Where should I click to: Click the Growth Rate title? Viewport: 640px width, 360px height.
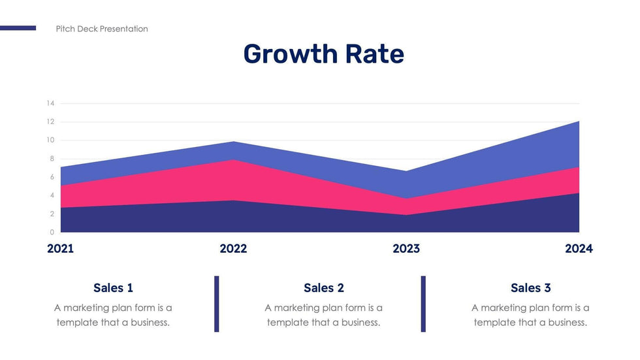point(323,54)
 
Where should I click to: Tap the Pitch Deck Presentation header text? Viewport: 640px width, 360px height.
point(102,29)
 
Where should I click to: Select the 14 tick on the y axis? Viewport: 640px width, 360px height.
point(50,103)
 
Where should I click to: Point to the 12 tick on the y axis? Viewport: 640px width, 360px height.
point(50,122)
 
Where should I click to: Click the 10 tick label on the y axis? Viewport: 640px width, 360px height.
point(50,140)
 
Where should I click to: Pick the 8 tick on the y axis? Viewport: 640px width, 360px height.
point(52,159)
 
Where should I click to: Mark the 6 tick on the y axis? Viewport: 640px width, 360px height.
point(52,177)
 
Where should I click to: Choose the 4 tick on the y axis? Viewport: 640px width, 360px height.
point(52,195)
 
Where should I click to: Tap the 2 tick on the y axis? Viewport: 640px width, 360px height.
point(52,214)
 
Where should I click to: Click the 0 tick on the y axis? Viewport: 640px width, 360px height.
point(52,232)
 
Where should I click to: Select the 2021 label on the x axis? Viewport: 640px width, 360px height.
point(61,249)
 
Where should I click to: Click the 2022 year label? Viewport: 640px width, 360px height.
point(233,249)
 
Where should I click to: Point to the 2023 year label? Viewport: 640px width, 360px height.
point(406,249)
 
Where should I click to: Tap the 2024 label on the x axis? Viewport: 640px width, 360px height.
point(579,249)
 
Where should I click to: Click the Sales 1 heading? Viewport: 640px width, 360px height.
point(113,287)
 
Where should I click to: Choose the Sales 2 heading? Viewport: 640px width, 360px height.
point(323,287)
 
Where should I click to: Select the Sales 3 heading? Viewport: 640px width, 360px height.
point(530,287)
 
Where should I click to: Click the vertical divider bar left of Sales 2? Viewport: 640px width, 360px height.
point(217,304)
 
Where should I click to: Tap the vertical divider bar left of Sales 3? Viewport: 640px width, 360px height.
point(423,304)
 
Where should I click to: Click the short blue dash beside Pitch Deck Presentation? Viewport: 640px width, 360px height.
point(18,28)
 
